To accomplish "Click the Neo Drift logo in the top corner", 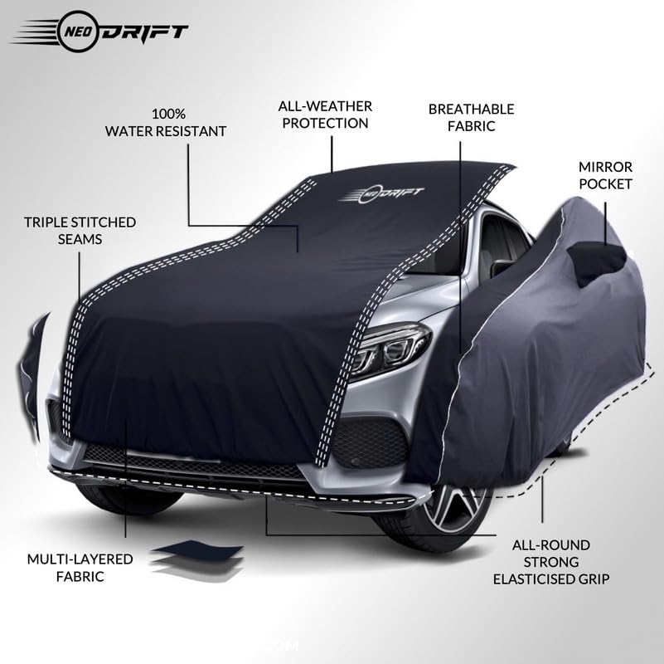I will [99, 33].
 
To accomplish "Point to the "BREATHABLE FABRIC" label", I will [471, 117].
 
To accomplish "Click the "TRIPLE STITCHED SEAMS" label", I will [80, 230].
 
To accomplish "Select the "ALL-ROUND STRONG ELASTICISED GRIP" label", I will [550, 561].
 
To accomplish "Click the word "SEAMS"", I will [80, 238].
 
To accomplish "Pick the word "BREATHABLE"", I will [471, 109].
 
